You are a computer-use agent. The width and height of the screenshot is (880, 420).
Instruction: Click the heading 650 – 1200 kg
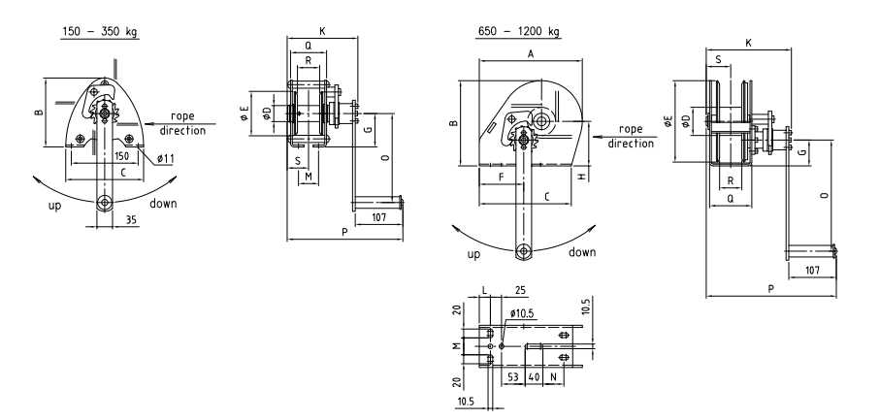(x=519, y=31)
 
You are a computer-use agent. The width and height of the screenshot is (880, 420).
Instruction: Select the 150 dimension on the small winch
(x=123, y=154)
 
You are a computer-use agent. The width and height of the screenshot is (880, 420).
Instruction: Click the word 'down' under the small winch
(x=164, y=205)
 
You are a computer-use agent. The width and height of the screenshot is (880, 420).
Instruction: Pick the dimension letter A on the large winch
(x=531, y=55)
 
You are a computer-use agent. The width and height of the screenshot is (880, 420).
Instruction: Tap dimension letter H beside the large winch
(x=580, y=178)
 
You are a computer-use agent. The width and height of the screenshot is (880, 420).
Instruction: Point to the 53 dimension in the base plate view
(x=512, y=374)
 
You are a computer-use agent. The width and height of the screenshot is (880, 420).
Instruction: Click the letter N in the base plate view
(x=553, y=374)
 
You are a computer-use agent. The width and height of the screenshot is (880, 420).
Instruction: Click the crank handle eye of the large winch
(x=523, y=251)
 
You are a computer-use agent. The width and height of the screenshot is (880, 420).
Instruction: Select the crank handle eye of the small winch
(x=103, y=202)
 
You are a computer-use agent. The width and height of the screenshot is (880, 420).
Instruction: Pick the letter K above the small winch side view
(x=321, y=31)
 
